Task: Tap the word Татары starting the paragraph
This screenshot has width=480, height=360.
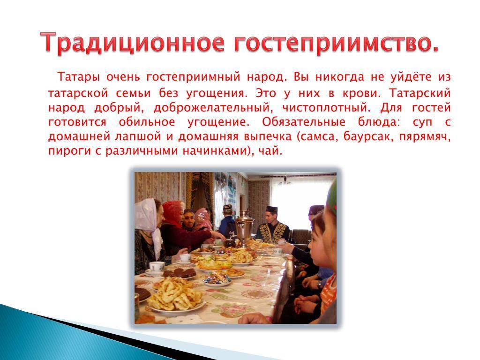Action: (x=79, y=77)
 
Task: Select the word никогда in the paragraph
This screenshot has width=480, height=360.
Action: (x=340, y=77)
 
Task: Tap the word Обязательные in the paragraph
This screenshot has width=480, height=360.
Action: (x=304, y=122)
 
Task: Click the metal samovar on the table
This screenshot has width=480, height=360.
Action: (x=244, y=226)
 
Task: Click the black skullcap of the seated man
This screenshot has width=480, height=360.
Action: (x=271, y=210)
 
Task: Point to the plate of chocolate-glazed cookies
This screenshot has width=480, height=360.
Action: (x=180, y=273)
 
